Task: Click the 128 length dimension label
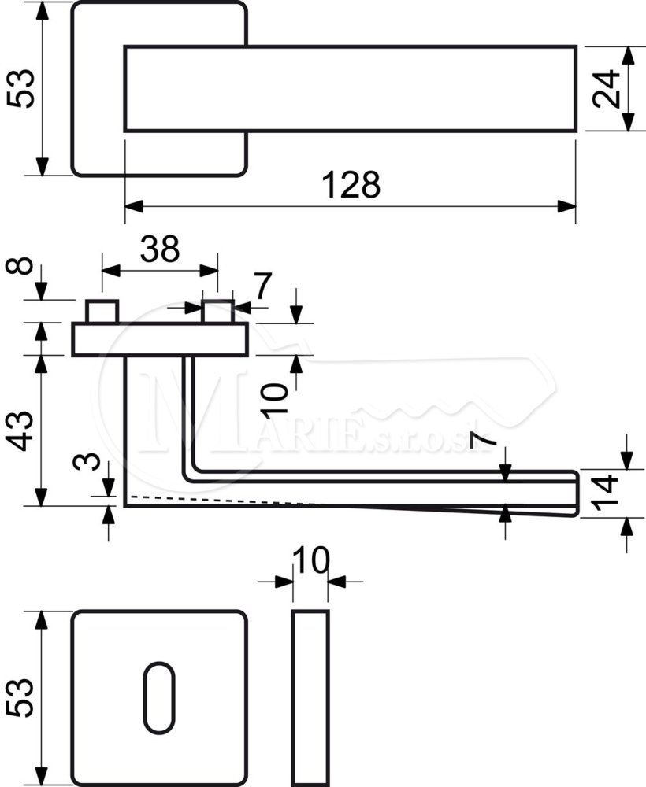tap(351, 184)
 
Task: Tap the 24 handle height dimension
tap(605, 89)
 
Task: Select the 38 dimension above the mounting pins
tap(160, 249)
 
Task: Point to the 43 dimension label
tap(21, 430)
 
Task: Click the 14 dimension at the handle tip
tap(604, 492)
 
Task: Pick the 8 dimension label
tap(20, 265)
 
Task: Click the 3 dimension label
tap(86, 460)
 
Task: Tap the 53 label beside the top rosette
tap(21, 88)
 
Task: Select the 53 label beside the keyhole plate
tap(20, 697)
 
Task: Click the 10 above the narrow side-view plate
tap(311, 560)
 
